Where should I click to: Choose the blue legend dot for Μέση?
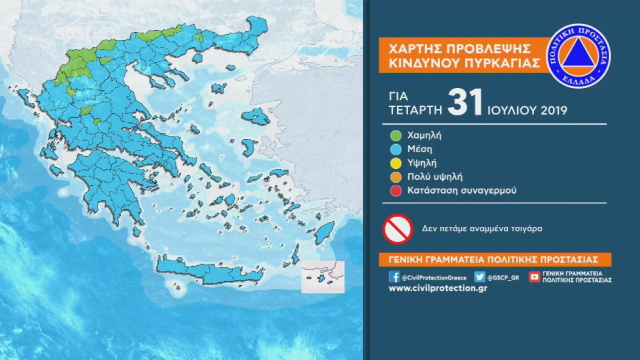(395, 147)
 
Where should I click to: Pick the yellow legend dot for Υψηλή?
(395, 163)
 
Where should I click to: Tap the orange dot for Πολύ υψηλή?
(395, 179)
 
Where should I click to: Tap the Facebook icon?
(394, 277)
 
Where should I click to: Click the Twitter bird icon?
(480, 277)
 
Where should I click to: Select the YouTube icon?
(535, 277)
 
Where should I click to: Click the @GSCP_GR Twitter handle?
(504, 277)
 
